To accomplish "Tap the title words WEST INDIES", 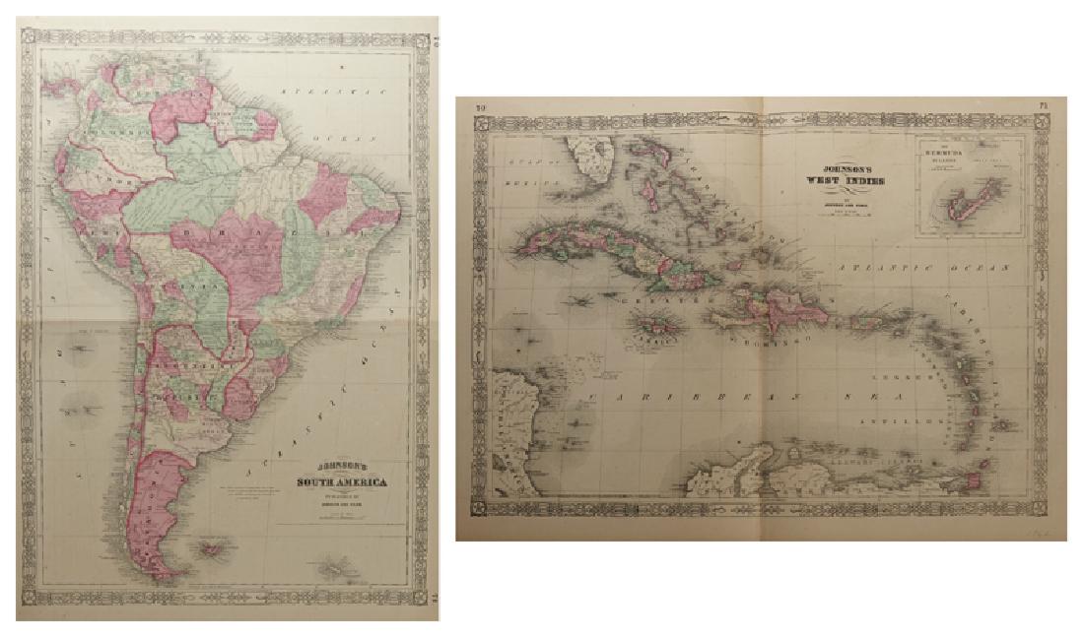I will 845,180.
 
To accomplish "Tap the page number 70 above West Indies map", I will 482,107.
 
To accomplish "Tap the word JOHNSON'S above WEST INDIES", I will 845,167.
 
